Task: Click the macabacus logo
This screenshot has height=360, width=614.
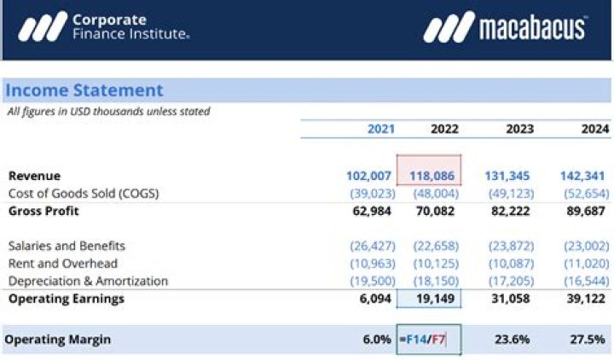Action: (505, 28)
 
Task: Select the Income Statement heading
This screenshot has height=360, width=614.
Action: (84, 90)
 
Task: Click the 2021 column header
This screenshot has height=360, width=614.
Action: (380, 129)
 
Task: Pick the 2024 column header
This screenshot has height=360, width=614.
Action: (595, 129)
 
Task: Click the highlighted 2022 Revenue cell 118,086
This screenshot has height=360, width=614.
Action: (429, 176)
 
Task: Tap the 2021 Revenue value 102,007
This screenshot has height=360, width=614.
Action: (368, 176)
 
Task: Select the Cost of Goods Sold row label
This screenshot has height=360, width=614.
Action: (84, 193)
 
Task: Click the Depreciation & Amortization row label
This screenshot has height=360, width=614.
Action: (88, 281)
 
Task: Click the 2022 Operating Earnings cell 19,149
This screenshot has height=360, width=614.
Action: (435, 299)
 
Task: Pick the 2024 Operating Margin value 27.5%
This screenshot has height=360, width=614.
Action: (589, 339)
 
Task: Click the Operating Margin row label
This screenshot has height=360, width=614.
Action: (57, 339)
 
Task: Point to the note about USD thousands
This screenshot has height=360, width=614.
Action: (108, 111)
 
